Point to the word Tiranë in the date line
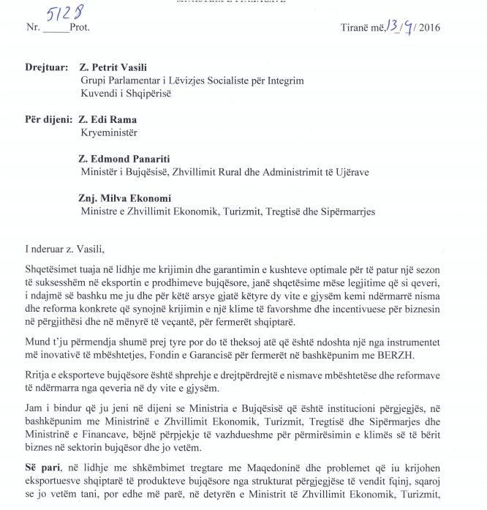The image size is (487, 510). [x=355, y=29]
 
